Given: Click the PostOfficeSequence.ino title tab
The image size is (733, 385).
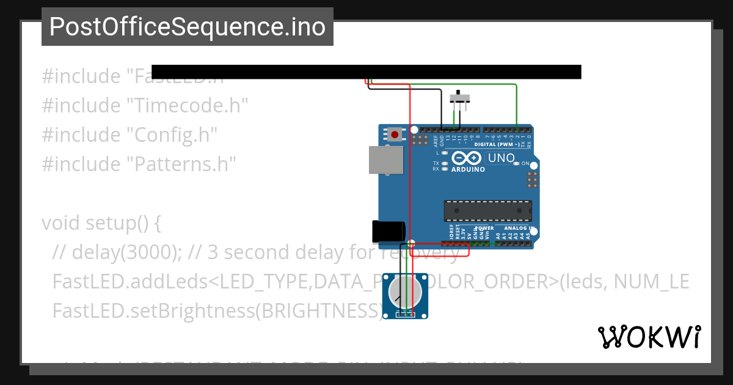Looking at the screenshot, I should click(187, 27).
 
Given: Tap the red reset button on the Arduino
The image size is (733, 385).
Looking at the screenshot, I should click(395, 134).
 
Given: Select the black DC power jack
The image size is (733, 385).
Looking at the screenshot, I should click(388, 232).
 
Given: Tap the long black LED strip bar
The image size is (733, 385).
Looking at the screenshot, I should click(366, 72).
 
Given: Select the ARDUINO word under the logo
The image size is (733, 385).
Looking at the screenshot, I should click(468, 170).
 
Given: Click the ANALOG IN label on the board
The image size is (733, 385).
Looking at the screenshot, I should click(519, 228).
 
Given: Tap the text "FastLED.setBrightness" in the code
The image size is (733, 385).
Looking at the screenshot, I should click(152, 310).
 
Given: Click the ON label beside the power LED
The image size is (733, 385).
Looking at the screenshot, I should click(525, 164).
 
